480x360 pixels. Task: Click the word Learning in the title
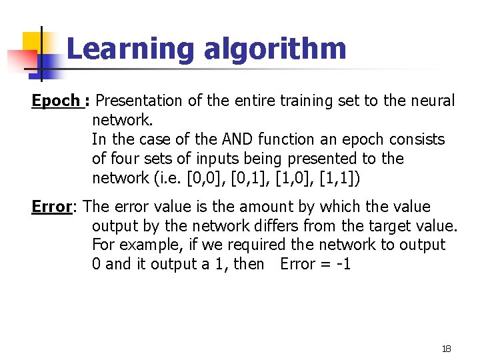129,49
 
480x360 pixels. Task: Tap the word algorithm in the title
275,49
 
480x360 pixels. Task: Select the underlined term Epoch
56,101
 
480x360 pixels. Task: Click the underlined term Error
51,207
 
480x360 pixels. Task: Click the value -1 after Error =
343,264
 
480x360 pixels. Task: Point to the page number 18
447,349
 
